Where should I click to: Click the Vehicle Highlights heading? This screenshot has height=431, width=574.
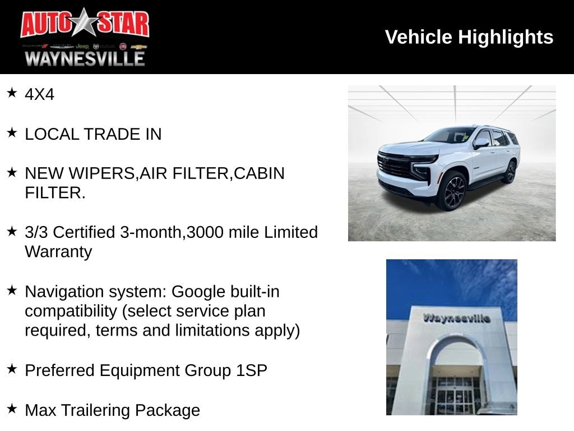(469, 37)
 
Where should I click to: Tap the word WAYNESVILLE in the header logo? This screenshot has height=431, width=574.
(85, 58)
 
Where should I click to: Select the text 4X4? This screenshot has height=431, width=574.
(39, 94)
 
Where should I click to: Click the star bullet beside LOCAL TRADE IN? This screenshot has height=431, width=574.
(12, 132)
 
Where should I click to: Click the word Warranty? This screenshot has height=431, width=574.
(58, 251)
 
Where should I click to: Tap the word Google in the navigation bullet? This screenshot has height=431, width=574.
(198, 292)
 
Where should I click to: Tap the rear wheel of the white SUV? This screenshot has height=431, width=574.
(510, 172)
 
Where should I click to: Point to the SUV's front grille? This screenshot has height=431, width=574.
(395, 164)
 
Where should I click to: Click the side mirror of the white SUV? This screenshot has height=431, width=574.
(480, 143)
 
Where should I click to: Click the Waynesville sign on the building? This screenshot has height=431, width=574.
(456, 318)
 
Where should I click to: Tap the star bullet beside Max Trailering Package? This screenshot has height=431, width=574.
(12, 409)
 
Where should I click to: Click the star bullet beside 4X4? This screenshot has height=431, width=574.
(12, 93)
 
